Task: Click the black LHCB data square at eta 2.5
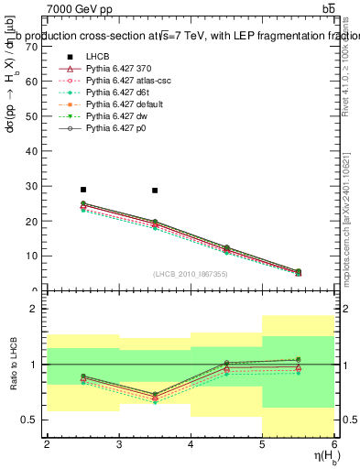pos(82,190)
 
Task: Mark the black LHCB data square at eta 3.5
pos(155,191)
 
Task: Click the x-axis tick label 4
pos(191,445)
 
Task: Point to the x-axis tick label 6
pos(334,445)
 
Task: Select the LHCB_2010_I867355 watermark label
pos(190,274)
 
